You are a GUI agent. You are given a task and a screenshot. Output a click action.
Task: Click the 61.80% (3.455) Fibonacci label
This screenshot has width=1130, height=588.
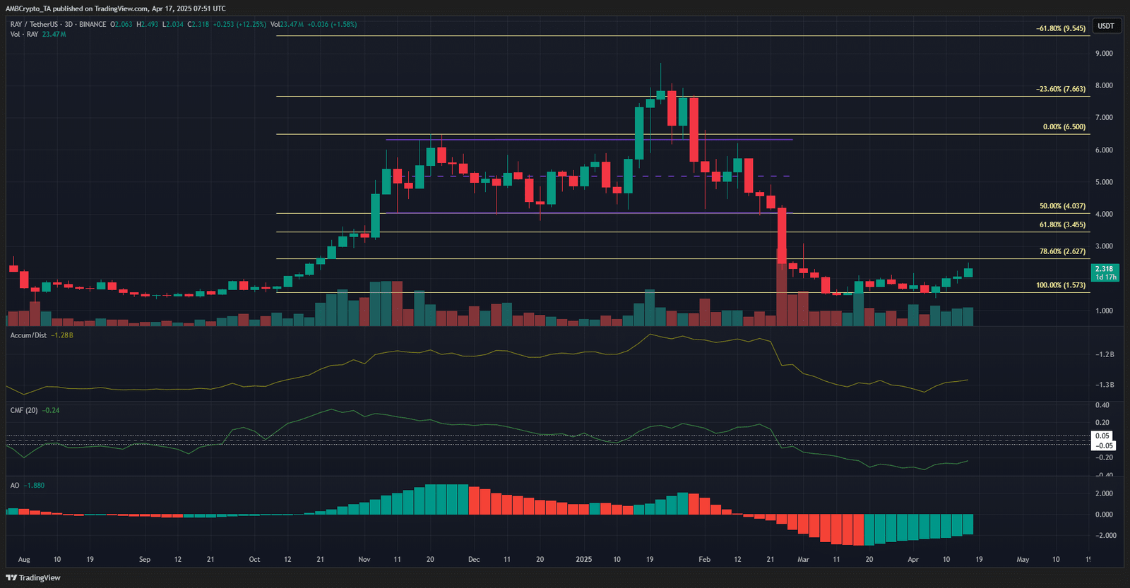coord(1062,224)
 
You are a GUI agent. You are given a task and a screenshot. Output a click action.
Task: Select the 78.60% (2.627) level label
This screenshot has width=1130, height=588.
coord(1062,251)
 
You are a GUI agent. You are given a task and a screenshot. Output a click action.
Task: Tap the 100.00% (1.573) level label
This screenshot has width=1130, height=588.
coord(1061,285)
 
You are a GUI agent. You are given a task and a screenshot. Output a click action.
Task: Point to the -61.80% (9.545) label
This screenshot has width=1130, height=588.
coord(1061,28)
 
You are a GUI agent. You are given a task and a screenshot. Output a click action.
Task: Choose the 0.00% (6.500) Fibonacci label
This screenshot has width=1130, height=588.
coord(1064,127)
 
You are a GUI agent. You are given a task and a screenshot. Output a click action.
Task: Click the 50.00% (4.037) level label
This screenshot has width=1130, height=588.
coord(1062,206)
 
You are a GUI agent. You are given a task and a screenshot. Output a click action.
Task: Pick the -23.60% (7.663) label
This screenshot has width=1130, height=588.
coord(1061,89)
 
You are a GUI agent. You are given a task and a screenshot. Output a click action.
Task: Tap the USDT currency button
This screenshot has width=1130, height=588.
coord(1105,26)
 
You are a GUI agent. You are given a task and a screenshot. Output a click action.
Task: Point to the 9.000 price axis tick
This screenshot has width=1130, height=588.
coord(1104,54)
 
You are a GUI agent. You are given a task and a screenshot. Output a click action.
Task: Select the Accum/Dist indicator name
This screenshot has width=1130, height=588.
coord(28,335)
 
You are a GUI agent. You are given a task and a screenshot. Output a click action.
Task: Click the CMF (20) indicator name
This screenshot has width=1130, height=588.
coord(24,410)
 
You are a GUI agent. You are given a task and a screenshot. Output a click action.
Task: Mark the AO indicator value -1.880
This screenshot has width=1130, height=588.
coord(34,486)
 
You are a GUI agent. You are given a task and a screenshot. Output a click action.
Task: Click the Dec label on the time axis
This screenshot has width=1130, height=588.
coord(474,560)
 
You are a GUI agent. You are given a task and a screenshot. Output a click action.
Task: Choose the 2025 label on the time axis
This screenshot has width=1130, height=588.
coord(583,560)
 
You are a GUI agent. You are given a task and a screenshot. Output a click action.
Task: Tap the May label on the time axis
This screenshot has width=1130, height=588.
coord(1023,560)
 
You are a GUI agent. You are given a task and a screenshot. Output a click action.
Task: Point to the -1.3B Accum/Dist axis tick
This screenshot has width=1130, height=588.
coord(1105,385)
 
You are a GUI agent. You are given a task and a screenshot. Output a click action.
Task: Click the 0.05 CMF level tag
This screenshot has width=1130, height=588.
coord(1102,436)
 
